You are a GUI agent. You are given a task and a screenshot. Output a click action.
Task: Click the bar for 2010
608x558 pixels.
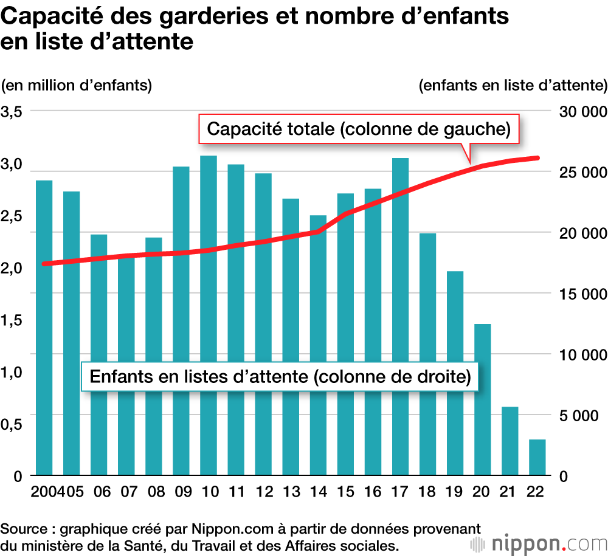(209, 304)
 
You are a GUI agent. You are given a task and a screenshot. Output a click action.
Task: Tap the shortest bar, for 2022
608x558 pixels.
(537, 457)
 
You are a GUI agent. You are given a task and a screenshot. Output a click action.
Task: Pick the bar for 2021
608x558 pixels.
(510, 441)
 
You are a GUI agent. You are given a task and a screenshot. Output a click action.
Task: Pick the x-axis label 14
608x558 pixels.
(318, 491)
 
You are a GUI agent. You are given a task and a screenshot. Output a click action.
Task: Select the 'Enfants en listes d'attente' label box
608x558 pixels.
(280, 376)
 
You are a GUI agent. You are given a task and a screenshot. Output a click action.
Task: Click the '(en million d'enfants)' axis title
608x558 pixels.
(77, 85)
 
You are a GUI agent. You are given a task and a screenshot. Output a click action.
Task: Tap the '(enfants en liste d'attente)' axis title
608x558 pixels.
(513, 85)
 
